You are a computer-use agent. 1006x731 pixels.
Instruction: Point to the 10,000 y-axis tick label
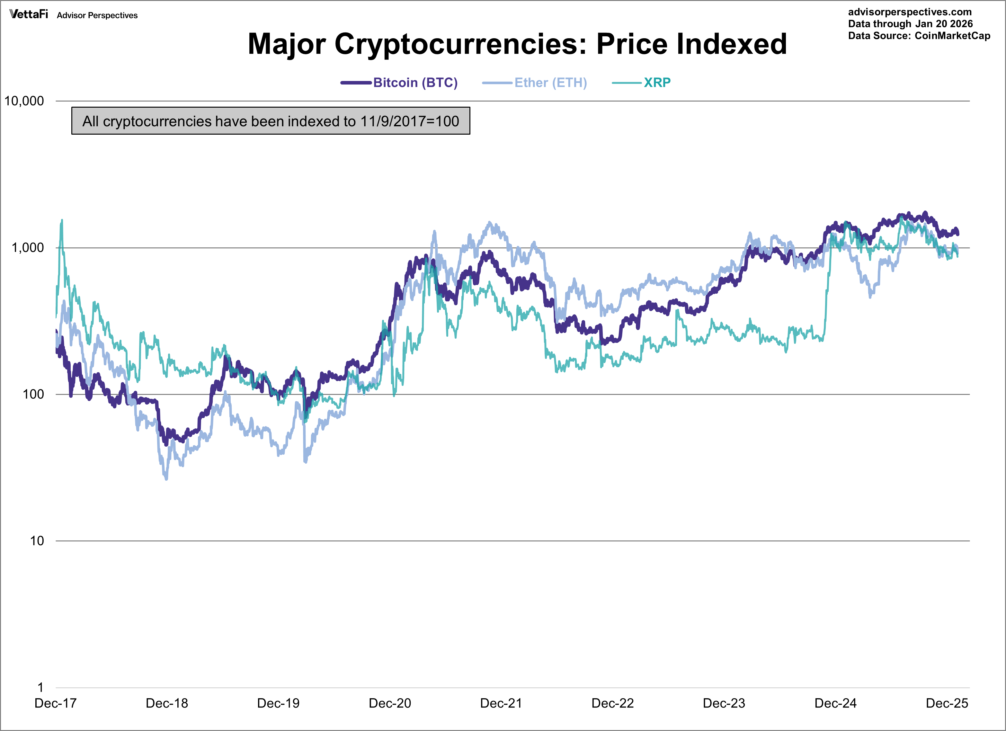pyautogui.click(x=24, y=101)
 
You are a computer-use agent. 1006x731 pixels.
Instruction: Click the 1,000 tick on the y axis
pyautogui.click(x=28, y=247)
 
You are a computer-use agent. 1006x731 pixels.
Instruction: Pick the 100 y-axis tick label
pyautogui.click(x=33, y=394)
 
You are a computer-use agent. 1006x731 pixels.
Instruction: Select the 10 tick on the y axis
pyautogui.click(x=37, y=541)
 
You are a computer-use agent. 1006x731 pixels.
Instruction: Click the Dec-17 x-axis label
pyautogui.click(x=56, y=703)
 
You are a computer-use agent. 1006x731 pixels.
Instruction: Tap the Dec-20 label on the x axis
pyautogui.click(x=390, y=703)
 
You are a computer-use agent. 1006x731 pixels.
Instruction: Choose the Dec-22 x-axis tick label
pyautogui.click(x=612, y=703)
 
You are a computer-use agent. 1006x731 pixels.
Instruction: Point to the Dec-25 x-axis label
pyautogui.click(x=947, y=703)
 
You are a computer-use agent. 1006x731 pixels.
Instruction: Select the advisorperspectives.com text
pyautogui.click(x=909, y=12)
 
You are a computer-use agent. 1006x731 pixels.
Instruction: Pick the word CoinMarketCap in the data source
pyautogui.click(x=952, y=36)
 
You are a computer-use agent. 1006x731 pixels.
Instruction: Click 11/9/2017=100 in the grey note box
pyautogui.click(x=409, y=121)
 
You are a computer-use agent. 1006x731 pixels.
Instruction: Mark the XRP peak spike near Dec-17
pyautogui.click(x=62, y=220)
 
